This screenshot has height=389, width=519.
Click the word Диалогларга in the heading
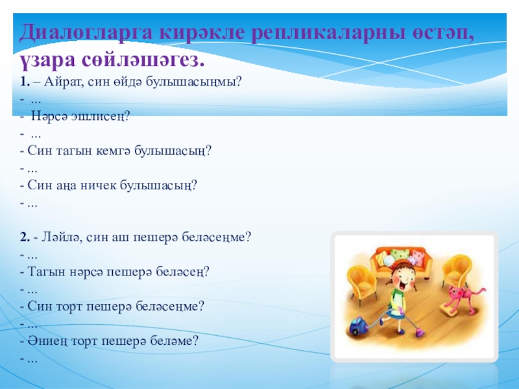86,34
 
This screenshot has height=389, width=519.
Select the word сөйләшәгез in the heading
143,60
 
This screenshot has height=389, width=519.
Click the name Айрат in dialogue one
64,81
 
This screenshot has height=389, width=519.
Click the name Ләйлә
62,237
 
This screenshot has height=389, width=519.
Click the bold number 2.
25,237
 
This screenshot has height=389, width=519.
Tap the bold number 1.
25,82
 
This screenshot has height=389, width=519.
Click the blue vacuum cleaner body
359,325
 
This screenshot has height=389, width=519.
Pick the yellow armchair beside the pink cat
457,271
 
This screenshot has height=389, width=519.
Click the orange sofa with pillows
401,260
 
